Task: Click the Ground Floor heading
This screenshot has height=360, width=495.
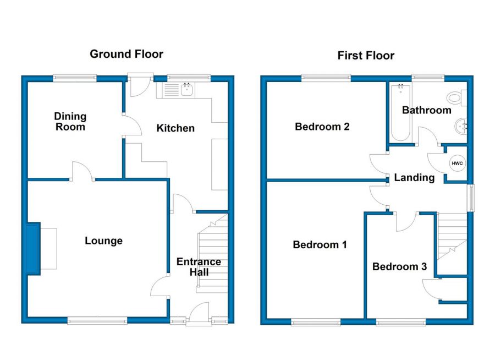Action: coord(127,54)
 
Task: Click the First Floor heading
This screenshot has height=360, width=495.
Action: coord(366,56)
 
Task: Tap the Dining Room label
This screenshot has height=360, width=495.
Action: coord(70,122)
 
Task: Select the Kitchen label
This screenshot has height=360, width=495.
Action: coord(175,128)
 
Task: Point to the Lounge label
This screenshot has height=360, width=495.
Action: coord(103,241)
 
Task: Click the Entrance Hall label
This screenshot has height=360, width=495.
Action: coord(199,267)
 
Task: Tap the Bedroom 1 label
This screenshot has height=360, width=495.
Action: coord(320,244)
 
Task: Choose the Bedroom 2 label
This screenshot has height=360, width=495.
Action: coord(322,127)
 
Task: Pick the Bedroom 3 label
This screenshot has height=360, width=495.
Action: coord(400,266)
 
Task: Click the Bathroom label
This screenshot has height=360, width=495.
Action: coord(426,110)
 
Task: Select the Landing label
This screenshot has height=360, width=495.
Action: coord(414,178)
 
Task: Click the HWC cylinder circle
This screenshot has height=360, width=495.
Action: coord(457,163)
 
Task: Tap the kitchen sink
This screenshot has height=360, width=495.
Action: coord(188,89)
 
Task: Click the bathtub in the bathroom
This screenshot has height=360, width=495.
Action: coord(400,113)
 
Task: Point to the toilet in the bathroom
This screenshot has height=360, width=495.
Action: coord(457,97)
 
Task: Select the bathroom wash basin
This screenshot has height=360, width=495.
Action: coord(461,126)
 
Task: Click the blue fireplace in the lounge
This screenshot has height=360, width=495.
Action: coord(33,249)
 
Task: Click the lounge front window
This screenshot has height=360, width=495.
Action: coord(97,321)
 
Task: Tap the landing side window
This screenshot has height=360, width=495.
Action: coord(471,198)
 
